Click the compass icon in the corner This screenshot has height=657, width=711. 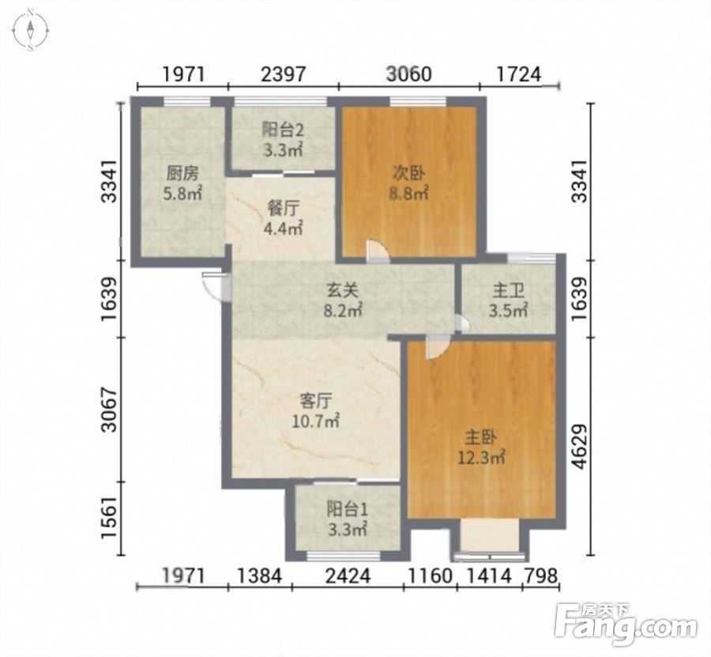[x=30, y=31]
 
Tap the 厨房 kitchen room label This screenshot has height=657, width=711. [x=182, y=173]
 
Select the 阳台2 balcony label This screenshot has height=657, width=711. [x=282, y=130]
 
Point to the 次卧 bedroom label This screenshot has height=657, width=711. [x=408, y=173]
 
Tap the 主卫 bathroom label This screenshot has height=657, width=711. [x=508, y=290]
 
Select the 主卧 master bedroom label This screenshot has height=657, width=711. [x=481, y=437]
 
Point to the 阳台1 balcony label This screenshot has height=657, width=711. [x=348, y=509]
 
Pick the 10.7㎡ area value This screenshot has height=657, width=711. [x=315, y=421]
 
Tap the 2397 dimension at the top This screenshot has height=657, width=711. [x=284, y=74]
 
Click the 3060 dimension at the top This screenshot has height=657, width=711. [x=408, y=74]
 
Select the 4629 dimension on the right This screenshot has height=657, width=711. [x=581, y=447]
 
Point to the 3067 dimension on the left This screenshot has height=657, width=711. [x=109, y=410]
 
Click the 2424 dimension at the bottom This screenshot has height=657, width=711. [x=348, y=576]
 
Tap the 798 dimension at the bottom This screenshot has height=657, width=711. [x=540, y=576]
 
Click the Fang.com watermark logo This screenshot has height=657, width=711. [x=626, y=627]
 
